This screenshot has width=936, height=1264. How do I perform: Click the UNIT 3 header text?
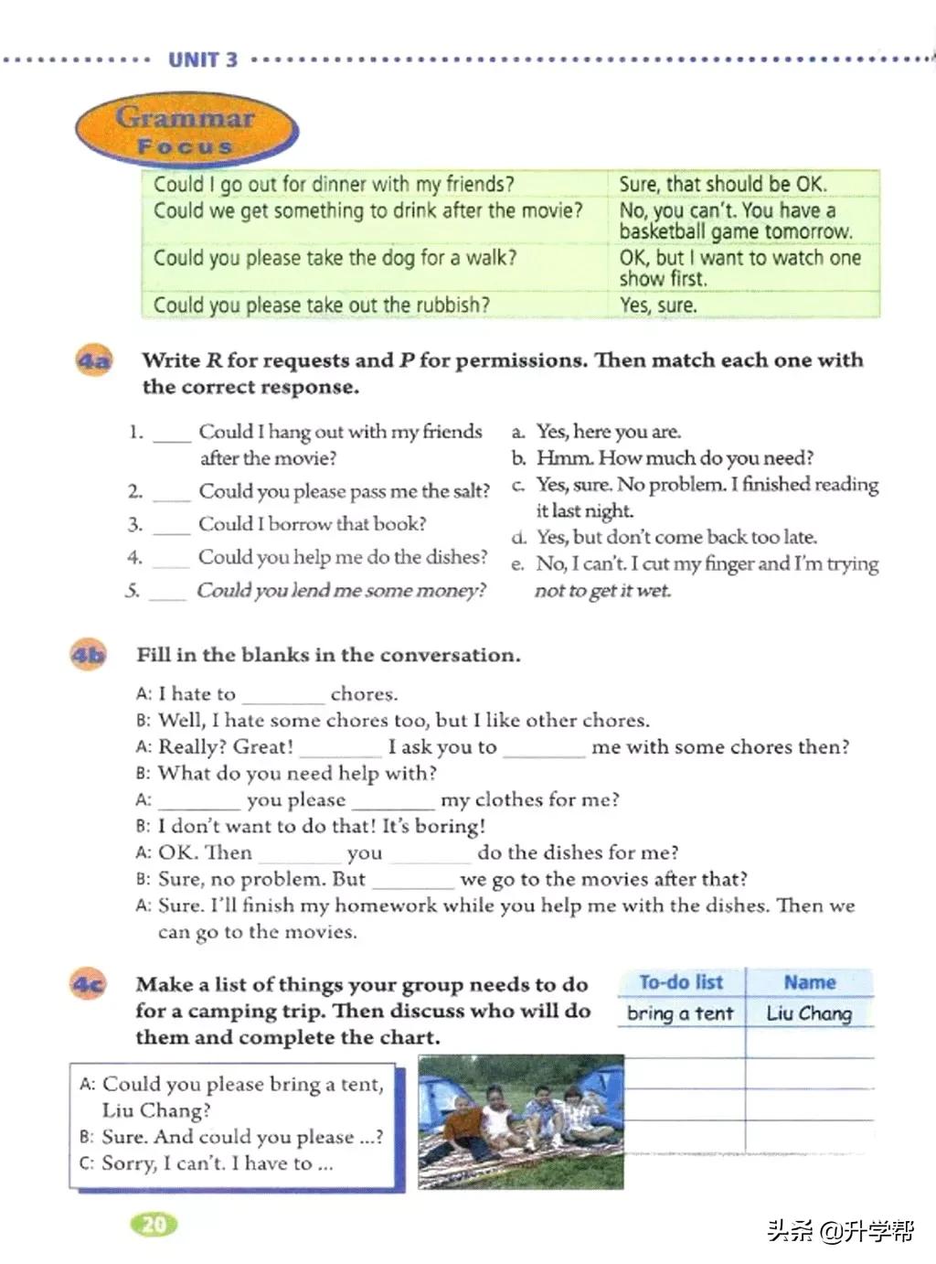click(202, 60)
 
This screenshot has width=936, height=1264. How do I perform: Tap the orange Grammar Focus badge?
click(186, 131)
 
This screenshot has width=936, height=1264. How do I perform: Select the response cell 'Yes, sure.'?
click(658, 305)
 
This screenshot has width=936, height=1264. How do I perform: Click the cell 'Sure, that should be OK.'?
click(722, 184)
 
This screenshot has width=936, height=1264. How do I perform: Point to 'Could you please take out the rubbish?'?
click(322, 305)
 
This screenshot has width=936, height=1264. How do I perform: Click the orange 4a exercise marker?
click(93, 360)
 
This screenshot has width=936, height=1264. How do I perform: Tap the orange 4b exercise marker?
click(88, 655)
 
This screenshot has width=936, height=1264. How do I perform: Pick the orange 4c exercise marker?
click(88, 984)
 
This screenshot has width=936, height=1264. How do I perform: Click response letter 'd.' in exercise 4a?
click(518, 537)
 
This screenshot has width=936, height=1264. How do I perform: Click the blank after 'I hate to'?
click(282, 695)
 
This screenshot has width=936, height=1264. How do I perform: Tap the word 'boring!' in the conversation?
click(451, 827)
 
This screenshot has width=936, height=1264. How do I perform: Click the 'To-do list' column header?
click(681, 982)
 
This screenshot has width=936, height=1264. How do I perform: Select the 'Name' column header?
click(809, 982)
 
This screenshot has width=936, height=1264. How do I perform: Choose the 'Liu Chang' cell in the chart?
click(809, 1013)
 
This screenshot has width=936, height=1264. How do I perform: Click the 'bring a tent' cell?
click(680, 1013)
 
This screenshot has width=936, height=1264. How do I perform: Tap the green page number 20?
click(154, 1224)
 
